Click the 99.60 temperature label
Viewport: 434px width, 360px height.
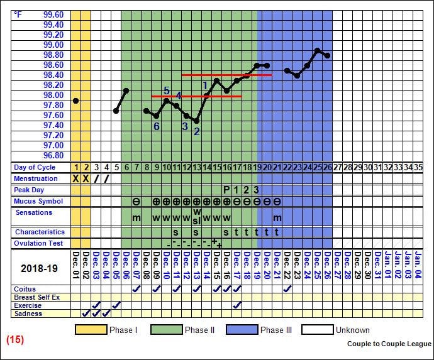coord(53,14)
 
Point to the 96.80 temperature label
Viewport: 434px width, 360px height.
coord(53,155)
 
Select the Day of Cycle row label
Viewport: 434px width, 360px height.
coord(34,168)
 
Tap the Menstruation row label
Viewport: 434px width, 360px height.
coord(36,178)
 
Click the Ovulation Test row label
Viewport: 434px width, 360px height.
coord(39,243)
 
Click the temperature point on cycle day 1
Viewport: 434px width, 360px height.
coord(76,101)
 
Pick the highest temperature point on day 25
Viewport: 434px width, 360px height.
coord(318,50)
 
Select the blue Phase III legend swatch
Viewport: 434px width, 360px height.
coord(242,330)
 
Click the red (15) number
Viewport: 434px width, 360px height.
coord(15,340)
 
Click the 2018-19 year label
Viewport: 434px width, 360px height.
coord(39,268)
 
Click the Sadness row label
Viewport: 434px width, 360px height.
coord(30,314)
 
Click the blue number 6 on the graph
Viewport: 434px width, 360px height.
coord(157,126)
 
